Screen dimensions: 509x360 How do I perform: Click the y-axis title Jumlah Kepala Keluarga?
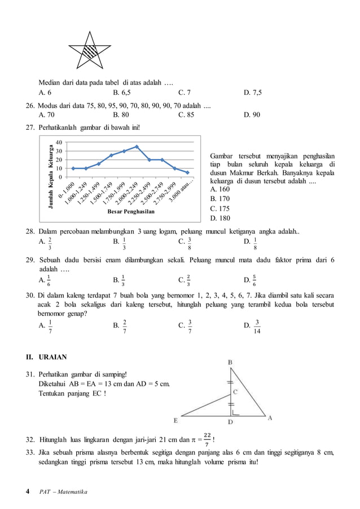click(50, 177)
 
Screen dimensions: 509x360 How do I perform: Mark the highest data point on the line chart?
click(137, 147)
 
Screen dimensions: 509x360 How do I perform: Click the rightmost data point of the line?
click(187, 173)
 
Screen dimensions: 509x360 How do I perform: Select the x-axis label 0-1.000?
click(67, 188)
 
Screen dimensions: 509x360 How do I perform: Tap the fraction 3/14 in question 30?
click(257, 326)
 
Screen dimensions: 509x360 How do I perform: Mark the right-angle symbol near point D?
click(234, 413)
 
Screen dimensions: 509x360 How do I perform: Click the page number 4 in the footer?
click(28, 492)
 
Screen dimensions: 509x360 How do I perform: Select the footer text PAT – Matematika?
click(63, 493)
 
